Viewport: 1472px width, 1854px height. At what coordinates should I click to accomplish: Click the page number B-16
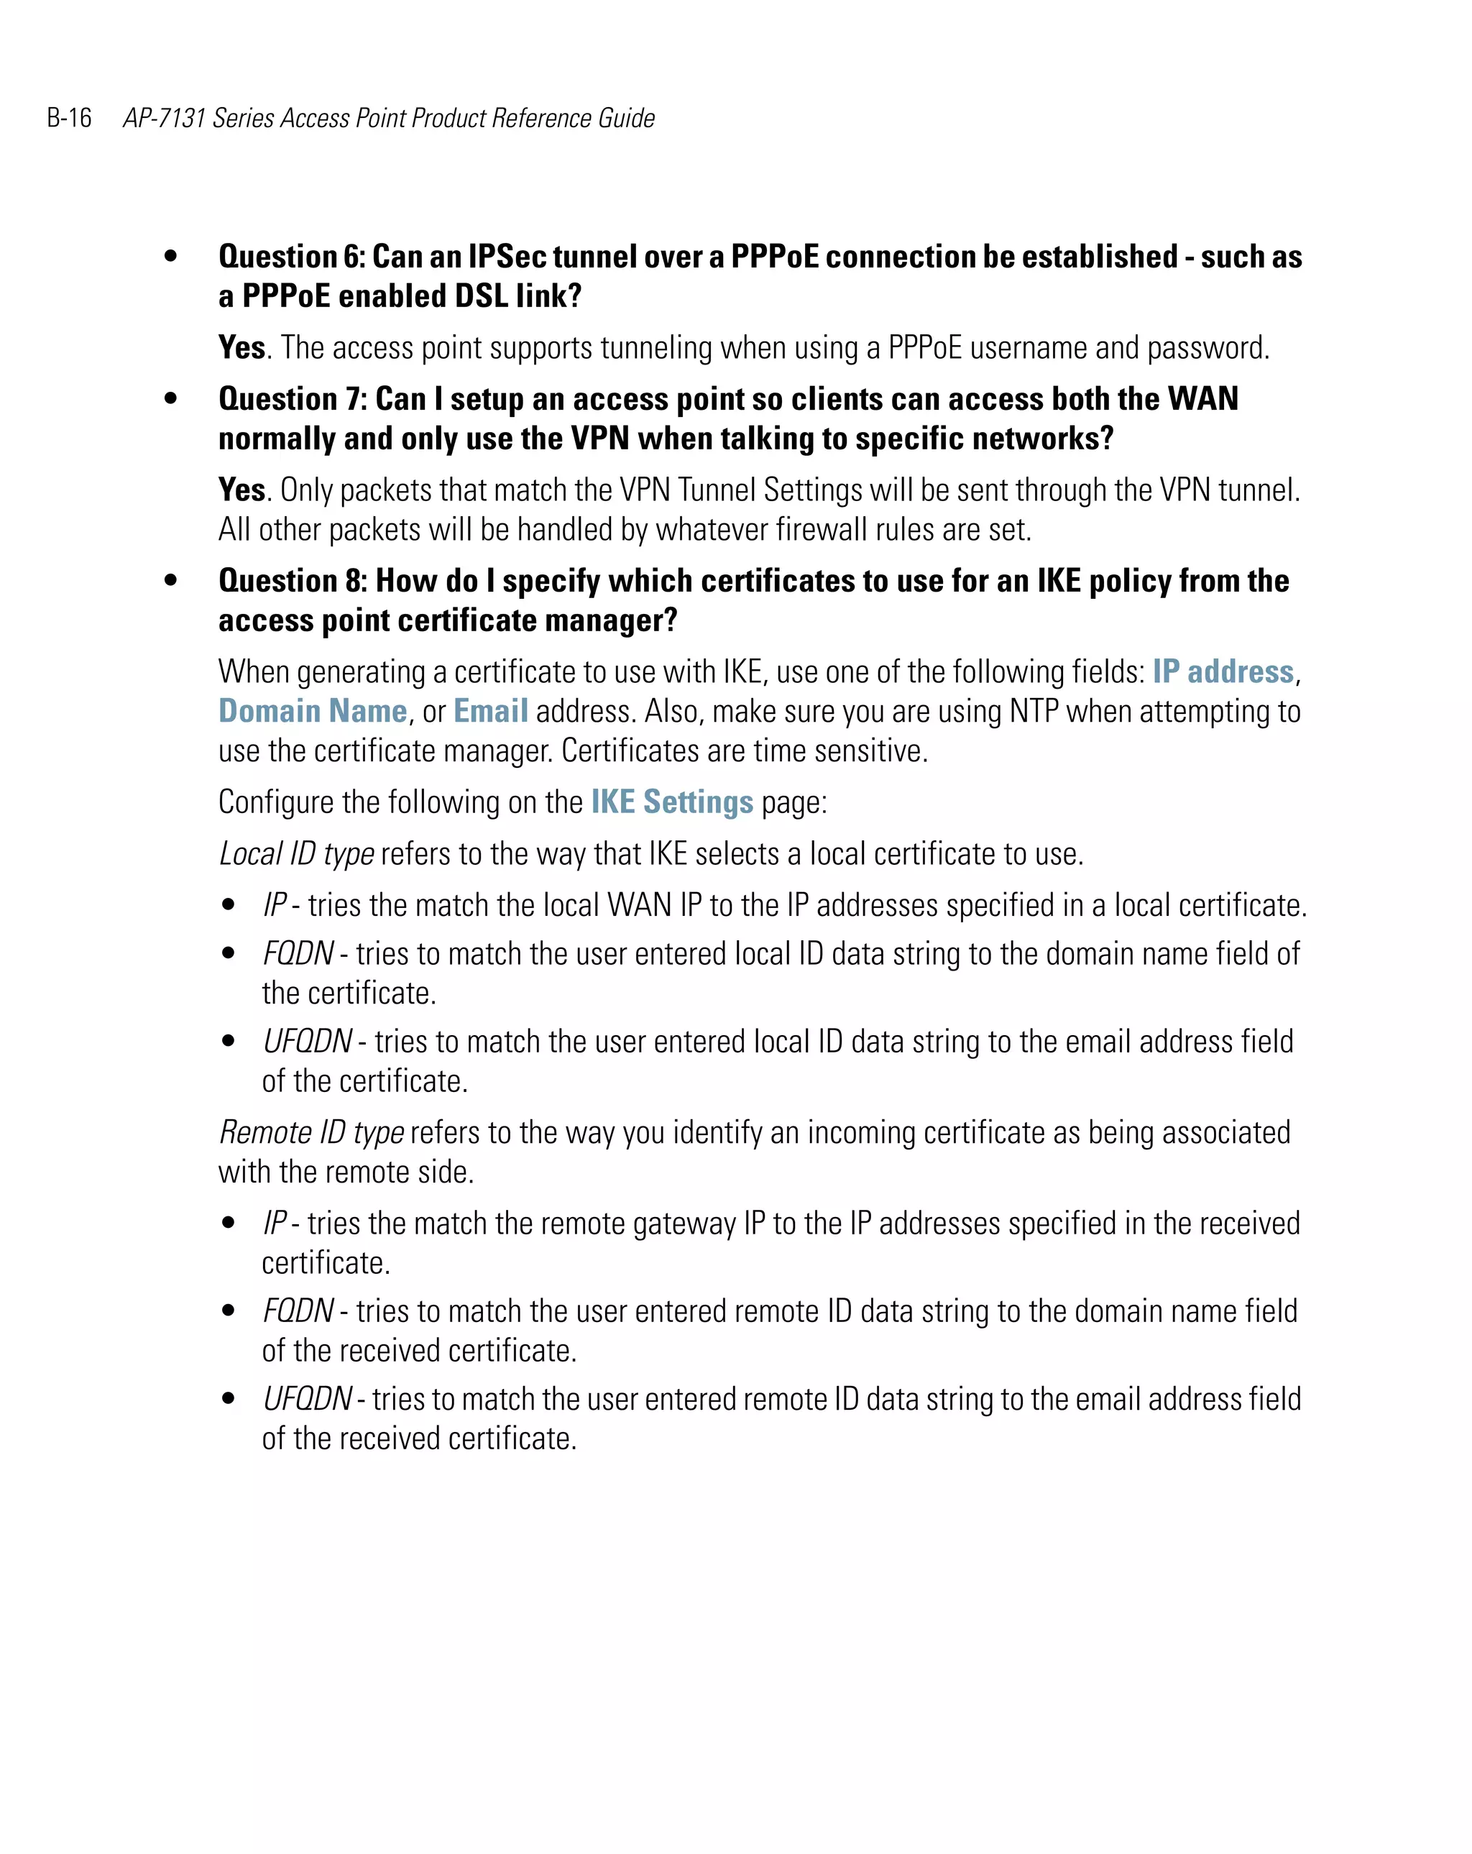tap(69, 118)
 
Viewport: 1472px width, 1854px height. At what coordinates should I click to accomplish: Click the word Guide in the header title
tap(626, 118)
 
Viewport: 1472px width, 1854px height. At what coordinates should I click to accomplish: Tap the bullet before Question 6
tap(171, 255)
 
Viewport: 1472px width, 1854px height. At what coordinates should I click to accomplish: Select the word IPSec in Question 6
tap(507, 256)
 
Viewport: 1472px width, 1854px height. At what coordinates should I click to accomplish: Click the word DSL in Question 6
tap(481, 295)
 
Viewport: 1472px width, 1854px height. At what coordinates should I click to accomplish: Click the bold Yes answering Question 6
tap(241, 347)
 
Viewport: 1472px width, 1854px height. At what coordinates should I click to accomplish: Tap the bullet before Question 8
tap(171, 580)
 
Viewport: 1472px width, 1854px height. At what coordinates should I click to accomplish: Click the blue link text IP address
tap(1222, 671)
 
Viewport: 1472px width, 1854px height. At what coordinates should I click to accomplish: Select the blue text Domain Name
tap(313, 711)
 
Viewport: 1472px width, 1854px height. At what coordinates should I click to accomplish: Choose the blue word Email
tap(490, 711)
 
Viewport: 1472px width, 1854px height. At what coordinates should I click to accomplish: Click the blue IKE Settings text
tap(671, 802)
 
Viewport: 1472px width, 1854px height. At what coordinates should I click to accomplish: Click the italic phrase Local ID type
tap(297, 854)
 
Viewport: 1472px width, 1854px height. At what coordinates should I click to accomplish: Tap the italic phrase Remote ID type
tap(311, 1132)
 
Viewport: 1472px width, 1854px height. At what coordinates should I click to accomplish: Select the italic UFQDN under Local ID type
tap(307, 1042)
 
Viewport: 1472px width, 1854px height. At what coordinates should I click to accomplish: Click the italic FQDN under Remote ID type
tap(298, 1311)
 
